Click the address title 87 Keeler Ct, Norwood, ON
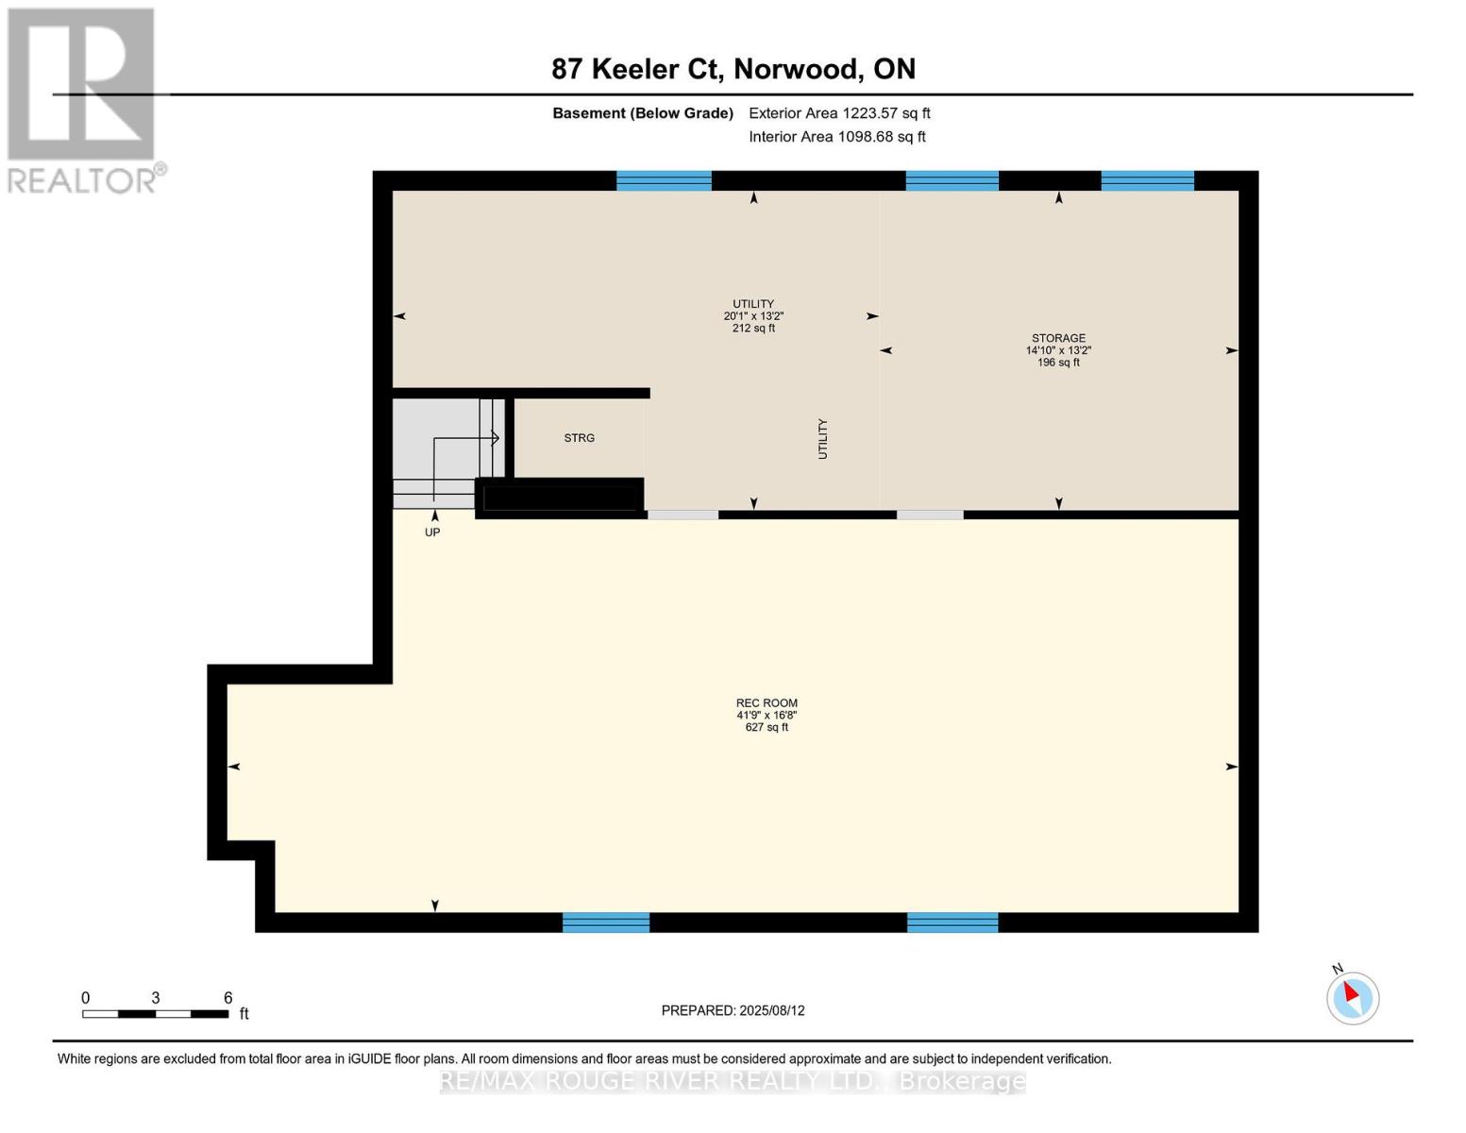733,69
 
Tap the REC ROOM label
767,703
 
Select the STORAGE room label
1058,338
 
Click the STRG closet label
580,438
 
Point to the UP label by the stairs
432,533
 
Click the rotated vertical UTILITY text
822,439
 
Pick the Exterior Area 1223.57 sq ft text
839,113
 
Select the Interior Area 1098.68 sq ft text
837,137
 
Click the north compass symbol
1352,997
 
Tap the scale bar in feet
156,1013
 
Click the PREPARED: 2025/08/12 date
733,1010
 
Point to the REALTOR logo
82,99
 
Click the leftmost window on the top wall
664,180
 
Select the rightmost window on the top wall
1147,180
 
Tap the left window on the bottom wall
606,922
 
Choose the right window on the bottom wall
952,922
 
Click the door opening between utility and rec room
682,515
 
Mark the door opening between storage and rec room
930,515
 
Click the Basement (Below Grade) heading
643,113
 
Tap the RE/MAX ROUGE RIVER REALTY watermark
733,1081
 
